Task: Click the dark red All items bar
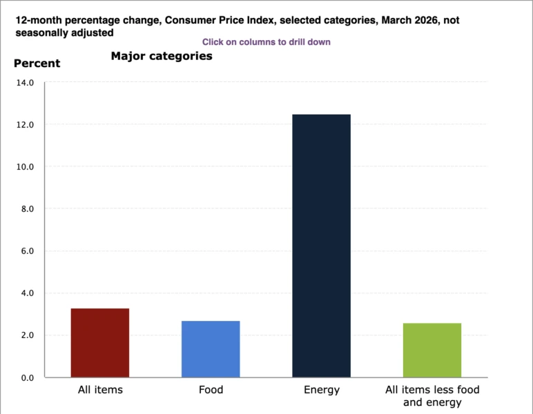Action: click(x=100, y=343)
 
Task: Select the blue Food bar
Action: click(x=211, y=349)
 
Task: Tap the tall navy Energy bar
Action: click(x=321, y=246)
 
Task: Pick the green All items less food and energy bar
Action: click(x=432, y=350)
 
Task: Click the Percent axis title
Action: click(x=37, y=63)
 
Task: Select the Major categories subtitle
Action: click(x=162, y=57)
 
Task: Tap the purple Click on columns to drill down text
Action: click(x=266, y=42)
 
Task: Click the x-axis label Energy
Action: click(x=322, y=390)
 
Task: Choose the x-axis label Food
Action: click(x=211, y=390)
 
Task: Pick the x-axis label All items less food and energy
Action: click(x=432, y=396)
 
